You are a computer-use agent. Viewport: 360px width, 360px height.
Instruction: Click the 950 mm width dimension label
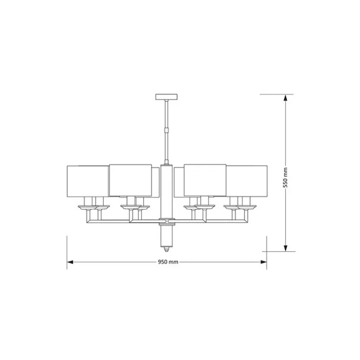tap(168, 262)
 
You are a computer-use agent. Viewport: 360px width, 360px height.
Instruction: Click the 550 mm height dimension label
tap(285, 178)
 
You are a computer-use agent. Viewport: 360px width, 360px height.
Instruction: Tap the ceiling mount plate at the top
tap(166, 97)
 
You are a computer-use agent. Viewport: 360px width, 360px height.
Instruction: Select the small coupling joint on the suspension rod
tap(166, 130)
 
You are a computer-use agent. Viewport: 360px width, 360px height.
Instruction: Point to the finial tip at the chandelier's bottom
tap(167, 249)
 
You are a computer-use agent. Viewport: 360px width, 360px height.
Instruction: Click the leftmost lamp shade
tap(87, 181)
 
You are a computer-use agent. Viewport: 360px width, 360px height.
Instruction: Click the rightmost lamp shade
tap(247, 180)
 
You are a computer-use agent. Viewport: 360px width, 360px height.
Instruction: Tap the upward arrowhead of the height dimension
tap(285, 98)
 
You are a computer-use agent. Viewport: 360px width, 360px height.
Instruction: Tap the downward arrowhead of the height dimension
tap(285, 248)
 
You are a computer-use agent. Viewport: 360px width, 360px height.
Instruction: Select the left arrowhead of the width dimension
tap(70, 262)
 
